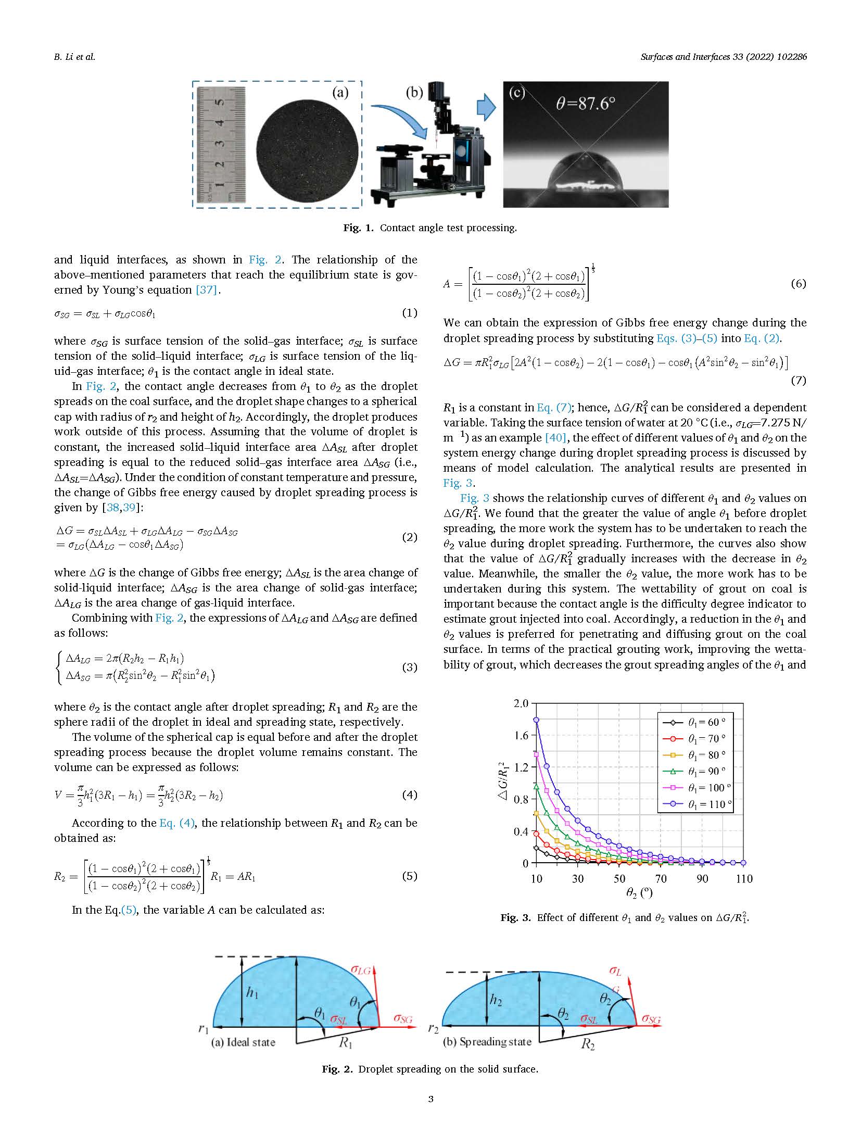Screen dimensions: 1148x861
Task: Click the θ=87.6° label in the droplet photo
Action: click(586, 104)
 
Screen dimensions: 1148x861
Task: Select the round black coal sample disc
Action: click(308, 150)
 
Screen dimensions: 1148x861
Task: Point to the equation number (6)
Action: click(798, 284)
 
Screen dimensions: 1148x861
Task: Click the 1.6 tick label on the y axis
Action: click(521, 735)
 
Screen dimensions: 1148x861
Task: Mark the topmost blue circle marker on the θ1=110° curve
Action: click(536, 720)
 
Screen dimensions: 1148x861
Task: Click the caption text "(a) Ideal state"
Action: click(243, 1042)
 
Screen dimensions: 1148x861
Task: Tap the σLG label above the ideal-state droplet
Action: click(360, 969)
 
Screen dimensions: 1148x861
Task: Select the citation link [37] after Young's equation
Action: click(206, 290)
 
